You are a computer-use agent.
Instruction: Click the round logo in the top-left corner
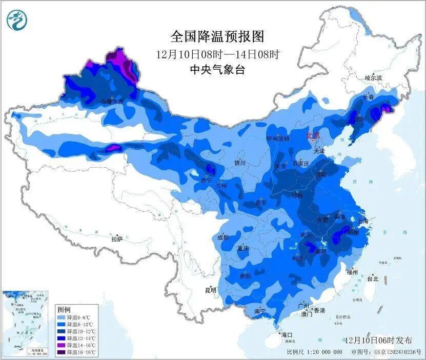(17, 20)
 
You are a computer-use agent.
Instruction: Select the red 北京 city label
(312, 136)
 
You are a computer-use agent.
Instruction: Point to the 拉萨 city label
(117, 239)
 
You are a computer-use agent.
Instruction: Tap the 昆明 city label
(211, 290)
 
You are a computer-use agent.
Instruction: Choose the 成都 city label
(222, 237)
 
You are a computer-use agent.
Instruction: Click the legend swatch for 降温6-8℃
(63, 317)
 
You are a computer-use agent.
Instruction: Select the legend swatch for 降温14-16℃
(63, 346)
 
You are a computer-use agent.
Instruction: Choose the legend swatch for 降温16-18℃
(63, 353)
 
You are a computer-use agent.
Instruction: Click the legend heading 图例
(64, 310)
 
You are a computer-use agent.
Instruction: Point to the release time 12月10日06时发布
(378, 341)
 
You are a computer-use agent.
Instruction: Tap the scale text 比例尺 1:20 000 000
(315, 352)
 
